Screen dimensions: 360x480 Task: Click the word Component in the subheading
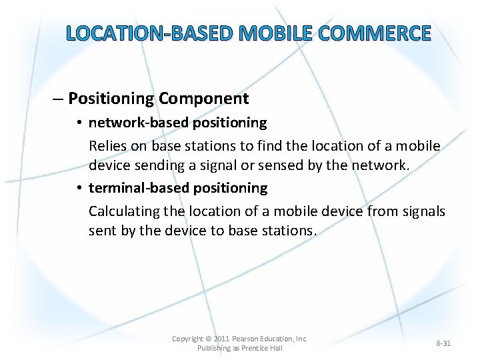pyautogui.click(x=203, y=99)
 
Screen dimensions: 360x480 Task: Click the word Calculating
pyautogui.click(x=126, y=211)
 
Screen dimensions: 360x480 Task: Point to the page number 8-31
pyautogui.click(x=443, y=343)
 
